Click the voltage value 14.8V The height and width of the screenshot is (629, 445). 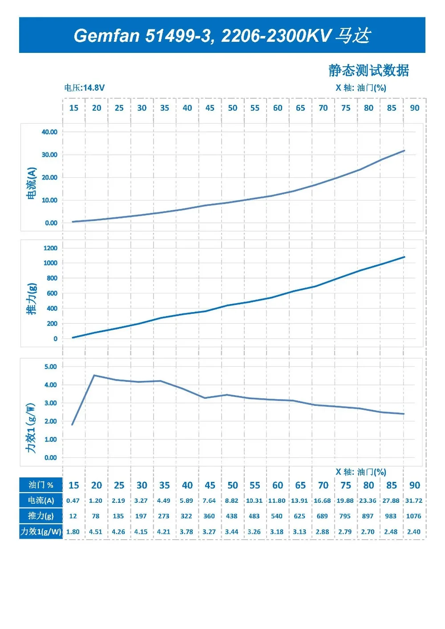point(94,88)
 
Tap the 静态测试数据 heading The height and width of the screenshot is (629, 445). point(368,71)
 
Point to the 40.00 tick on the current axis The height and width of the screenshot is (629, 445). point(49,132)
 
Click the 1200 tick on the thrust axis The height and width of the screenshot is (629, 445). point(50,248)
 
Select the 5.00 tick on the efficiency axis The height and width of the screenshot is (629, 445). point(50,367)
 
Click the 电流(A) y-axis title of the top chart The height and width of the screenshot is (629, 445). point(32,184)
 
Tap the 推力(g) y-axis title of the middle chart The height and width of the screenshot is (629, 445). point(32,299)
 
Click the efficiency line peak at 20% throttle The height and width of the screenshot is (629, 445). point(94,376)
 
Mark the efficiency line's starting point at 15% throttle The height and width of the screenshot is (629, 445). point(72,425)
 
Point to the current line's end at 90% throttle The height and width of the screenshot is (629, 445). point(404,151)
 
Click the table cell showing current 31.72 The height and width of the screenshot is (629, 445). point(413,501)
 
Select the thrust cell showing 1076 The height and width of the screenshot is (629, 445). point(413,516)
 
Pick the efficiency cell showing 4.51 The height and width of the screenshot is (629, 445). point(96,532)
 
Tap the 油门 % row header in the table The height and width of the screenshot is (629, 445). point(41,485)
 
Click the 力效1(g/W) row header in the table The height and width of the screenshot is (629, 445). point(41,532)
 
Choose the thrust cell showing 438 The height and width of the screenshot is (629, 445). point(232,516)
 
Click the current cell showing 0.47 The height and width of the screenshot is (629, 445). point(73,501)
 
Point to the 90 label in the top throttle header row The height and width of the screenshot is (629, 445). point(414,108)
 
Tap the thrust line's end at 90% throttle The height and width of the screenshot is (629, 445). point(404,257)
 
